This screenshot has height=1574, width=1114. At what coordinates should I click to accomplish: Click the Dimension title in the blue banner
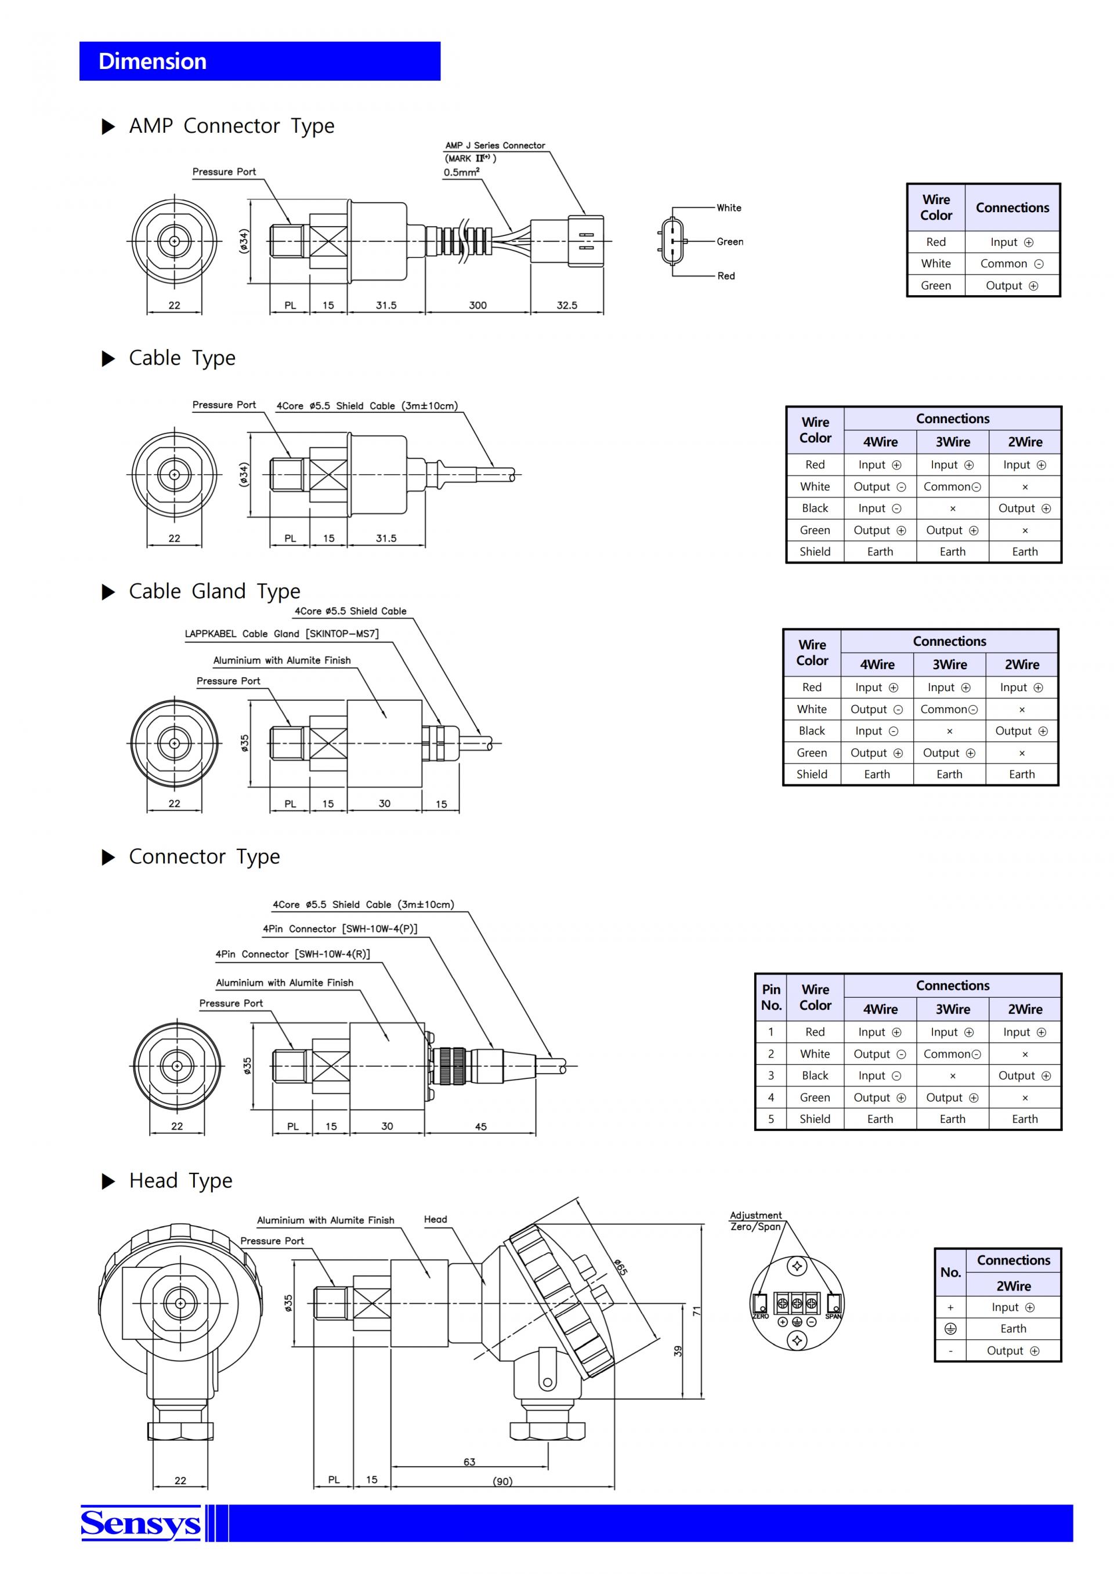[152, 61]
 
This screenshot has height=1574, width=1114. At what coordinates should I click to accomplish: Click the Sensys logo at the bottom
[140, 1523]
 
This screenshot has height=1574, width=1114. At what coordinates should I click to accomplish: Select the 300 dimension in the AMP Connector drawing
[478, 305]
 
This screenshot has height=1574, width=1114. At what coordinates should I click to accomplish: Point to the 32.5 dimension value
[567, 305]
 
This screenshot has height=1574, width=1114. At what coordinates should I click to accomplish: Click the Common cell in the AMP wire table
[1012, 263]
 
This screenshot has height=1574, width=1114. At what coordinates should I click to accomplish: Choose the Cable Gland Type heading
[215, 591]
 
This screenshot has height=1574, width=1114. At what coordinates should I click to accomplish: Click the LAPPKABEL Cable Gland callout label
[281, 634]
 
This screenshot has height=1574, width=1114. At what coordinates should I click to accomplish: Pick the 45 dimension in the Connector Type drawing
[481, 1126]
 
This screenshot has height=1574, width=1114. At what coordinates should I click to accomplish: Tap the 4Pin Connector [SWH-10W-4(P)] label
[340, 929]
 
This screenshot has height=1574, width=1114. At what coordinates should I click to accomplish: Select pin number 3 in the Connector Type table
[771, 1075]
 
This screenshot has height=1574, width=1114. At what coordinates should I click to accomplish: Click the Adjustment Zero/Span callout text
[756, 1220]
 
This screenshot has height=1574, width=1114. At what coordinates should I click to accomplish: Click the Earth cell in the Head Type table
[1013, 1329]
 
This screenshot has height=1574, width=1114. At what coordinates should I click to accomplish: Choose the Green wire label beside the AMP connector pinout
[730, 241]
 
